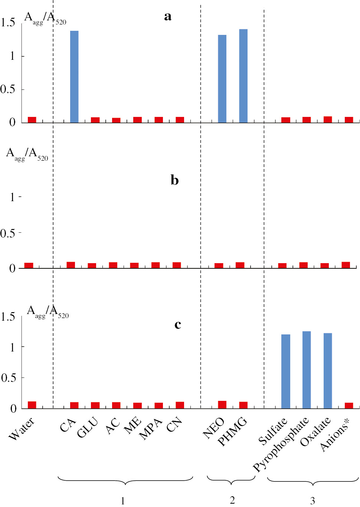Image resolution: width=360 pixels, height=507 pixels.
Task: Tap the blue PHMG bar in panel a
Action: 243,76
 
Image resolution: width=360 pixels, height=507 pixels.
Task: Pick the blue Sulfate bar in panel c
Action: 285,371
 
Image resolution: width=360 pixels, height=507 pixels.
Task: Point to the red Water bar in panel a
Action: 32,120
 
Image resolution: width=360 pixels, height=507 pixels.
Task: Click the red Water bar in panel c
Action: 32,405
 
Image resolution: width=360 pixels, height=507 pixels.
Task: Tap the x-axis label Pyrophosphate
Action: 281,444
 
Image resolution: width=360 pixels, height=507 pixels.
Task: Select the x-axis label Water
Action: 22,428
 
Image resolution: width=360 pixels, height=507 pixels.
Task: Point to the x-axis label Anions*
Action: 335,436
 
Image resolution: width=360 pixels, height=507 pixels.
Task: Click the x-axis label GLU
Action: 88,427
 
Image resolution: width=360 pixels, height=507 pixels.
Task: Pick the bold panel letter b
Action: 174,180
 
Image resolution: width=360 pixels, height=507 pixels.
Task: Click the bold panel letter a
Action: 168,16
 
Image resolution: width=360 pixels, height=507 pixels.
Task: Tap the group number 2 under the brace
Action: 232,500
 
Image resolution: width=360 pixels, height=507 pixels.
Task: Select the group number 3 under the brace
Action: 312,501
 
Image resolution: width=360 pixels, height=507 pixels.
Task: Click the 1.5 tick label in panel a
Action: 8,23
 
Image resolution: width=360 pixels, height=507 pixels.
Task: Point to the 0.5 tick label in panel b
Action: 8,233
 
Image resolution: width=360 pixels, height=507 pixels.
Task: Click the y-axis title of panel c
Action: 48,311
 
